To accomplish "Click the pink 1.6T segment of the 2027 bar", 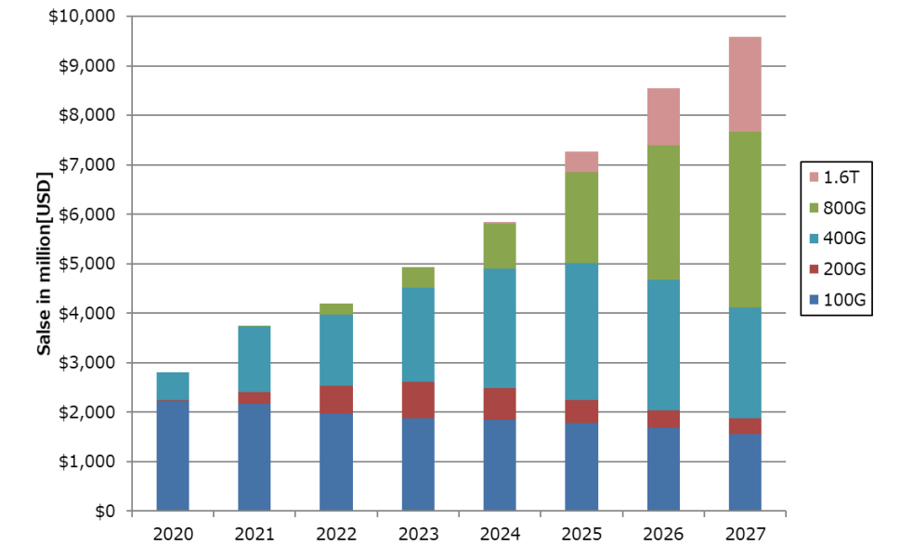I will click(745, 84).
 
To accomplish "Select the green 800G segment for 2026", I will click(663, 213).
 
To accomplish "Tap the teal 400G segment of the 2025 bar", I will click(581, 331).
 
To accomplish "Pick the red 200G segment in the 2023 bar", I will click(418, 400).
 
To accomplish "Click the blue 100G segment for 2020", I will click(173, 455).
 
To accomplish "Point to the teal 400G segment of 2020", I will click(173, 386).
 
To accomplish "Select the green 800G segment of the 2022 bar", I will click(336, 309).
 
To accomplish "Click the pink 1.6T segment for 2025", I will click(581, 162).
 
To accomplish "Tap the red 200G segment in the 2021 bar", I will click(254, 398).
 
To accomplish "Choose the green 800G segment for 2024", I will click(500, 247).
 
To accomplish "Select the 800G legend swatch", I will click(814, 208).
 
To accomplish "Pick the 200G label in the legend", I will click(845, 269).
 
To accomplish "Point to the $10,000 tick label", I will click(86, 17).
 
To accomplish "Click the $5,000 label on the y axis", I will click(90, 264).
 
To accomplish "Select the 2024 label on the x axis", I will click(500, 535).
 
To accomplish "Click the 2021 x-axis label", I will click(254, 535).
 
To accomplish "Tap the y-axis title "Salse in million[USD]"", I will click(44, 264).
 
